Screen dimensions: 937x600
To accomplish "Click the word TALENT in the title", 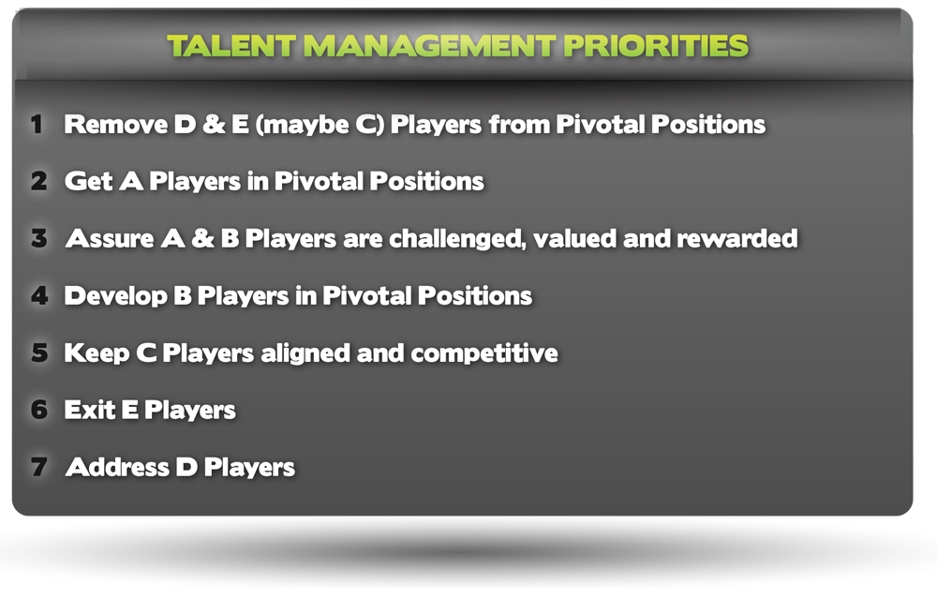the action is pyautogui.click(x=231, y=46).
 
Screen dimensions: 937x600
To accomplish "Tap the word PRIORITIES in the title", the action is pyautogui.click(x=656, y=46).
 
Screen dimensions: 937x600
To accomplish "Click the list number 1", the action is pyautogui.click(x=37, y=125).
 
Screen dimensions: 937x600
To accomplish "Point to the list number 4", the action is pyautogui.click(x=39, y=296).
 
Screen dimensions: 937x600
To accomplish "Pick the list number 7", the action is pyautogui.click(x=38, y=467).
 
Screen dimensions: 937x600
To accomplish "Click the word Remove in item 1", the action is pyautogui.click(x=116, y=125).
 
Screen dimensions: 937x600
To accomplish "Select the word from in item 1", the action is pyautogui.click(x=519, y=124).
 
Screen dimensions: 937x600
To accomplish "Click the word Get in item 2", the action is pyautogui.click(x=88, y=181).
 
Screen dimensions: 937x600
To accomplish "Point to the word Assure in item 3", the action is pyautogui.click(x=110, y=238).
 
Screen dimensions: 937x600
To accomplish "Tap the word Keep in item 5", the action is pyautogui.click(x=97, y=353).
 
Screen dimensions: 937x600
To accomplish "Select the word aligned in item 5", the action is pyautogui.click(x=305, y=353).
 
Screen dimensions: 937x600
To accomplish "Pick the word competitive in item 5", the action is pyautogui.click(x=484, y=353).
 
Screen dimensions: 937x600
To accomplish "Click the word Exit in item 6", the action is pyautogui.click(x=90, y=410).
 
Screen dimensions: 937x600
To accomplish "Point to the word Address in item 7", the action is pyautogui.click(x=118, y=467).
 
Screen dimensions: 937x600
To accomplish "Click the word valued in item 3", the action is pyautogui.click(x=574, y=238).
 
